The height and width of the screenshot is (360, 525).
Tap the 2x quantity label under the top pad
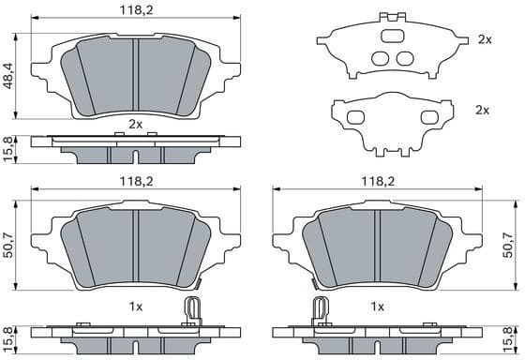(135, 124)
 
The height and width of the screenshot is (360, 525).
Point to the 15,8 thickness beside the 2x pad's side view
(8, 147)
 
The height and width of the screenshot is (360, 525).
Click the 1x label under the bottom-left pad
(135, 307)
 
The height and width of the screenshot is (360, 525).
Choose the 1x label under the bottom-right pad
(376, 307)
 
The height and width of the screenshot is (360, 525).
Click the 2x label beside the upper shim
(484, 39)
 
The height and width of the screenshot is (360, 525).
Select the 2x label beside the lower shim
(483, 111)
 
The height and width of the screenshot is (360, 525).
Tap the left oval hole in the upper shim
(381, 59)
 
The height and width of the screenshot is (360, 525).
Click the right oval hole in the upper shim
(404, 59)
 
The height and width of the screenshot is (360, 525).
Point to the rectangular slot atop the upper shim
(392, 36)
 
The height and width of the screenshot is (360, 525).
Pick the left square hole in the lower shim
(355, 117)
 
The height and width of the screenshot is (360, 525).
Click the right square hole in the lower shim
(429, 117)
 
